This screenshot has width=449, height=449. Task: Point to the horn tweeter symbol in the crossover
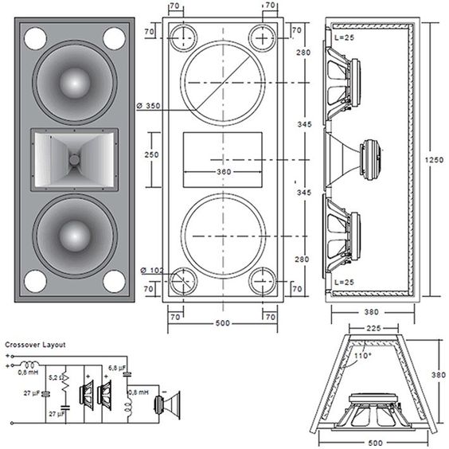(x=168, y=405)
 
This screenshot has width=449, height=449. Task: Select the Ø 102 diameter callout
(x=150, y=270)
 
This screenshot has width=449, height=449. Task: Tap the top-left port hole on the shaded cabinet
(x=34, y=37)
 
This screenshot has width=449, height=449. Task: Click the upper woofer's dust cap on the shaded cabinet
(x=74, y=82)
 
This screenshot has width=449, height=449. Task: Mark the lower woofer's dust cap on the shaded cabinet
(x=74, y=236)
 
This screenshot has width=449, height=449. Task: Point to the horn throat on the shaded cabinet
(x=74, y=159)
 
